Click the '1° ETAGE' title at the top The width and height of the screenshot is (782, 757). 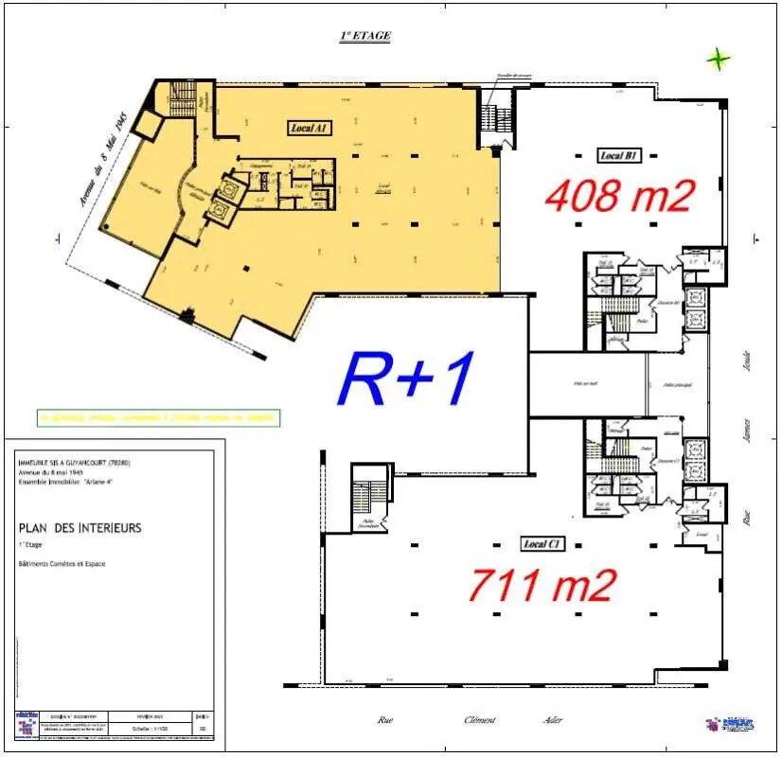(x=364, y=36)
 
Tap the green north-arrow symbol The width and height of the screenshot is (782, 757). (x=719, y=60)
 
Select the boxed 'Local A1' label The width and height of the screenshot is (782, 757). (x=310, y=127)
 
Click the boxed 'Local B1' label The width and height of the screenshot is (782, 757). (x=620, y=155)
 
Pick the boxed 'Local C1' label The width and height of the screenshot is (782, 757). (x=543, y=543)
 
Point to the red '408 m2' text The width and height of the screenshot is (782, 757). (x=620, y=195)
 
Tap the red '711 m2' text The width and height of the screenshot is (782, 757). (x=542, y=584)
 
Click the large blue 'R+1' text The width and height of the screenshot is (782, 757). (x=406, y=377)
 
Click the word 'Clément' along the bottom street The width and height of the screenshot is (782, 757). (x=479, y=720)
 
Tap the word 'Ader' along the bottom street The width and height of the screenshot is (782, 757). (x=553, y=720)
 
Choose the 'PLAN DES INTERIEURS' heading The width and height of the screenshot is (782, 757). (x=80, y=528)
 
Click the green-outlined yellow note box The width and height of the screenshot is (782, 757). (x=158, y=416)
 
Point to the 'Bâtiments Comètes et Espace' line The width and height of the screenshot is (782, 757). (x=62, y=564)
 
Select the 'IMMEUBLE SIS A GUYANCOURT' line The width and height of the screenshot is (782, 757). (x=74, y=463)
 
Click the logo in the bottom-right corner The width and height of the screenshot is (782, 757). (x=735, y=724)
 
